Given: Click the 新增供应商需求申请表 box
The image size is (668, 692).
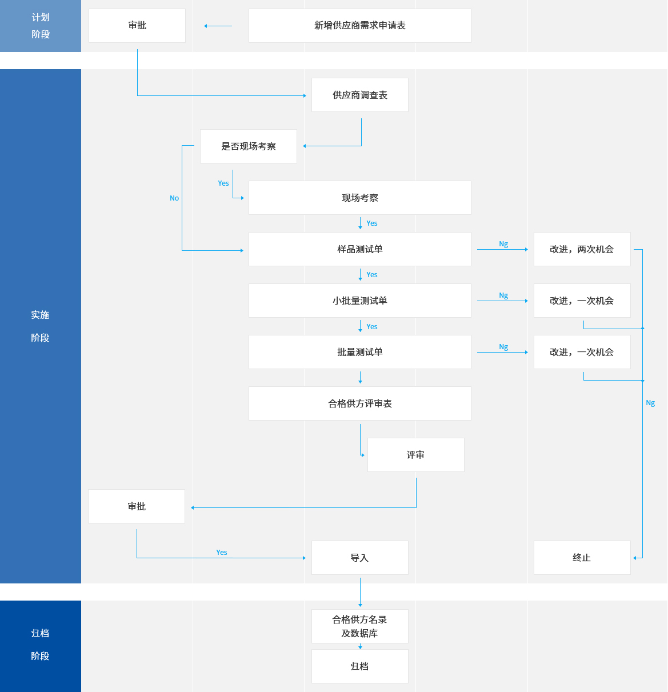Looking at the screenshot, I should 359,26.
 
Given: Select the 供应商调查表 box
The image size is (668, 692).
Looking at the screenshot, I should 359,95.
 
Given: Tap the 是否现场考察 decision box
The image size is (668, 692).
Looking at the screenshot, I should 248,146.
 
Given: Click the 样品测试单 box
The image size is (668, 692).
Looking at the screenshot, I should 359,249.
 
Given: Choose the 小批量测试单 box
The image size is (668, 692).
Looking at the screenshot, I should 359,301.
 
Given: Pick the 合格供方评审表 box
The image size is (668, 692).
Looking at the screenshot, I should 359,403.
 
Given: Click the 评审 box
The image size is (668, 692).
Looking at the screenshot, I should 415,455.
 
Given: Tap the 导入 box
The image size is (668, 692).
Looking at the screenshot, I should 359,558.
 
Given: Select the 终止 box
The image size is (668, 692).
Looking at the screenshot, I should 582,558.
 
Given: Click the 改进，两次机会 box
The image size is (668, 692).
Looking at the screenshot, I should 582,249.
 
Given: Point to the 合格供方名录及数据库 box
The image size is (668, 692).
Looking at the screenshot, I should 359,626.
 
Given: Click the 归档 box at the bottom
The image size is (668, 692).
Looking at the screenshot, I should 359,666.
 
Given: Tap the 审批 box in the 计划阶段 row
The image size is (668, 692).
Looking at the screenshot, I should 137,26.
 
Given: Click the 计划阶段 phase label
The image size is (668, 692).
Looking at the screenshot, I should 41,26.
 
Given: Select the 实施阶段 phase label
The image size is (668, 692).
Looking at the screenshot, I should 41,326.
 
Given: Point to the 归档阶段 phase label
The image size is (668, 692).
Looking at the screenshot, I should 41,645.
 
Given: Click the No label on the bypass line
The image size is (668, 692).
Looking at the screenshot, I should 174,198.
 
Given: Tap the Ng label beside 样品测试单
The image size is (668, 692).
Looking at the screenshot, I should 503,244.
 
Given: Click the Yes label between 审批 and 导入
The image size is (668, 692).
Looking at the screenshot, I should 222,553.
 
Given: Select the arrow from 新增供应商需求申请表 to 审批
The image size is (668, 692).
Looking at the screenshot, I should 218,26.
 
